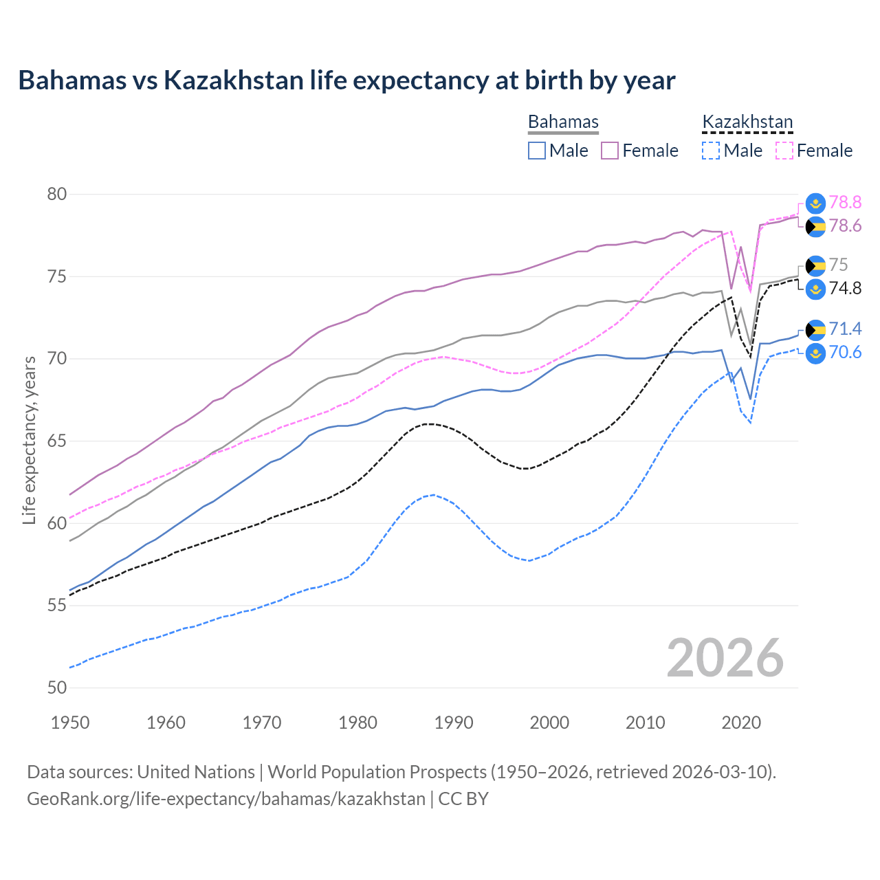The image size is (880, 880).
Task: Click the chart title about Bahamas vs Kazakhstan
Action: (346, 80)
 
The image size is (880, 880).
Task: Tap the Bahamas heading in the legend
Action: (563, 122)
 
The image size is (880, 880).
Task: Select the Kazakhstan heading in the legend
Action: (747, 122)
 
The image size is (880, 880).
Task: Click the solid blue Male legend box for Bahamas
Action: (537, 151)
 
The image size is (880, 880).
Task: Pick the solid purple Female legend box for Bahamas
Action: (610, 151)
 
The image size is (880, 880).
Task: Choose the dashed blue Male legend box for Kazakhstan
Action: (711, 151)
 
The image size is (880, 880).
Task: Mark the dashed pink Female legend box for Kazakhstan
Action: (784, 151)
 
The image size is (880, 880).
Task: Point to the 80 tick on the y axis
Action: (57, 194)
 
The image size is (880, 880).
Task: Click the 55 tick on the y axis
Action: (57, 606)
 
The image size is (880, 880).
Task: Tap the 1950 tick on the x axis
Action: (70, 723)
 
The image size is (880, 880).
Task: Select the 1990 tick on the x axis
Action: (454, 723)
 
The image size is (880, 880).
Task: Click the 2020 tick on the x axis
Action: (741, 723)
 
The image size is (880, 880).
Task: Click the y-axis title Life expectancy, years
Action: (29, 440)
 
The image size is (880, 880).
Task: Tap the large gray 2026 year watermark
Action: (725, 658)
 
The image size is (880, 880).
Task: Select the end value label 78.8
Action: (845, 202)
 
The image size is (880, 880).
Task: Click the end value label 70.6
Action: (845, 353)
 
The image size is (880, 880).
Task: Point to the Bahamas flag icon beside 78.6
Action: (815, 226)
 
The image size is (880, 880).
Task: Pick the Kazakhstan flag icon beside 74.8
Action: (815, 289)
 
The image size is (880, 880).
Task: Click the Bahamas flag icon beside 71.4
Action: (815, 330)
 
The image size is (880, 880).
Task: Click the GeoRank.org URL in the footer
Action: (226, 799)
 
